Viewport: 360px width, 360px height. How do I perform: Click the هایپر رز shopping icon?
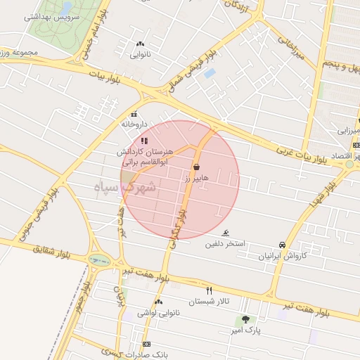(x=195, y=167)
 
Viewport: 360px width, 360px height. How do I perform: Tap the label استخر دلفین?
(x=224, y=244)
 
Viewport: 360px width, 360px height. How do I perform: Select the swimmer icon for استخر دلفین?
(x=226, y=233)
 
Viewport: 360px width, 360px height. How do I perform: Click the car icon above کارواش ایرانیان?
(x=282, y=245)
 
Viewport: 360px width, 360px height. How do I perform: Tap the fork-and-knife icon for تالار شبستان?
(x=208, y=290)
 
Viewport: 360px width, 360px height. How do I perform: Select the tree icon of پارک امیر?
(x=245, y=319)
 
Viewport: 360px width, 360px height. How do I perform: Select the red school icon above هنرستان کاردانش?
(x=144, y=141)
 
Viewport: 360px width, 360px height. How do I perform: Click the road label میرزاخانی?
(x=290, y=48)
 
